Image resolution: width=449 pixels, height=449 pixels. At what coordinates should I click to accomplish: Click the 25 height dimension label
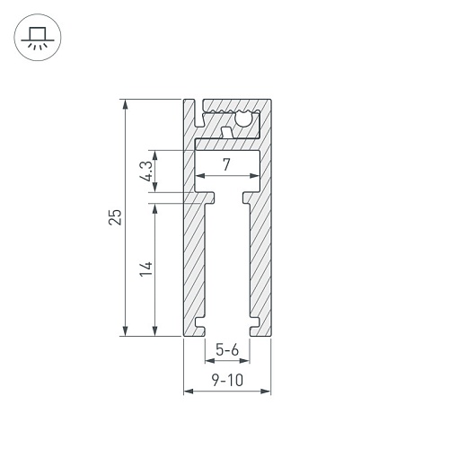(x=116, y=217)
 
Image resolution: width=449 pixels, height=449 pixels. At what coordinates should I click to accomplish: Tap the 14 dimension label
(x=146, y=269)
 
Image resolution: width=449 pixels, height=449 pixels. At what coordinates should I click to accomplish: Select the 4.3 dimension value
(x=146, y=172)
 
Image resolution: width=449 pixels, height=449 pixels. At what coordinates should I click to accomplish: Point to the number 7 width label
(x=226, y=164)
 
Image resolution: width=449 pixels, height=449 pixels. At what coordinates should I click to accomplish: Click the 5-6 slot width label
(x=227, y=349)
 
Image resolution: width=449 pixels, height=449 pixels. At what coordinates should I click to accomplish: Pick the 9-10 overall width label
(x=227, y=380)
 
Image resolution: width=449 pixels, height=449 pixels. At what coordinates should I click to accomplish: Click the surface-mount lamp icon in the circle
(x=38, y=38)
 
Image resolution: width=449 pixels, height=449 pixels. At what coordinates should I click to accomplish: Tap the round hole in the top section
(x=243, y=119)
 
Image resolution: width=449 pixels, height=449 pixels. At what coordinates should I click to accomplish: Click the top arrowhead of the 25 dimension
(x=126, y=105)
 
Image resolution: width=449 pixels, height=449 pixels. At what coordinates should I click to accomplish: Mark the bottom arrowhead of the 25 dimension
(x=126, y=330)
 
